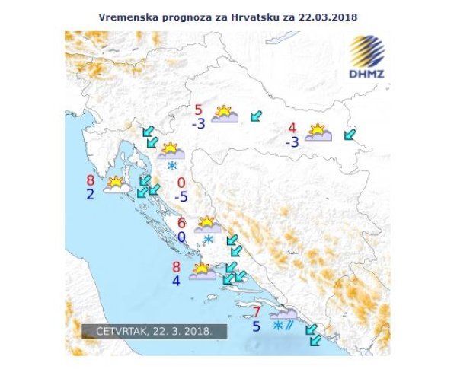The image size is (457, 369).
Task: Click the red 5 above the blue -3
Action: pyautogui.click(x=199, y=110)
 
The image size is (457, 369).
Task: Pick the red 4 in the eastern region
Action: pyautogui.click(x=292, y=128)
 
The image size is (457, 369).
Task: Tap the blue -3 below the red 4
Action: pyautogui.click(x=291, y=142)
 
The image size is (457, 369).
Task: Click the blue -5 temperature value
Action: pyautogui.click(x=181, y=197)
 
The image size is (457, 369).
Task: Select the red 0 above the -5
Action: pyautogui.click(x=181, y=183)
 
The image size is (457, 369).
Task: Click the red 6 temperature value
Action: pyautogui.click(x=181, y=223)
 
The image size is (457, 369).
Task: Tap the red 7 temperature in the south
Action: pyautogui.click(x=257, y=312)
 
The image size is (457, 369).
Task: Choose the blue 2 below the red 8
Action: pyautogui.click(x=91, y=195)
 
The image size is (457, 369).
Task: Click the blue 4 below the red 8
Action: pyautogui.click(x=177, y=280)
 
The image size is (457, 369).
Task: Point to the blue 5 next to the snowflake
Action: pyautogui.click(x=257, y=326)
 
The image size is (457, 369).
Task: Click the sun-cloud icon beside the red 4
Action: pyautogui.click(x=318, y=133)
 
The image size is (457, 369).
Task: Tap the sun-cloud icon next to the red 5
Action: pyautogui.click(x=225, y=115)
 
